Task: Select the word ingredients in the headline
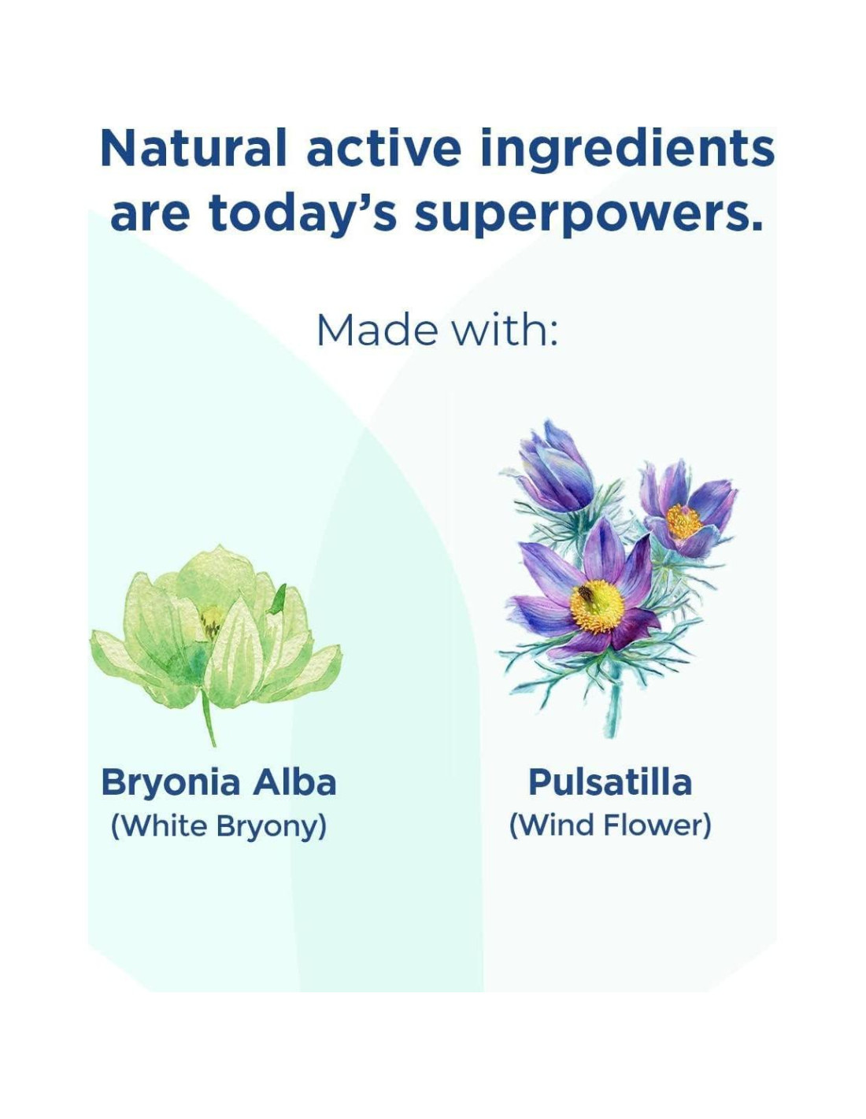[x=627, y=153]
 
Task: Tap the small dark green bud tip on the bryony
[x=279, y=598]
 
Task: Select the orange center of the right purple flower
[x=683, y=521]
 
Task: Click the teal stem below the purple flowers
[x=613, y=700]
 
